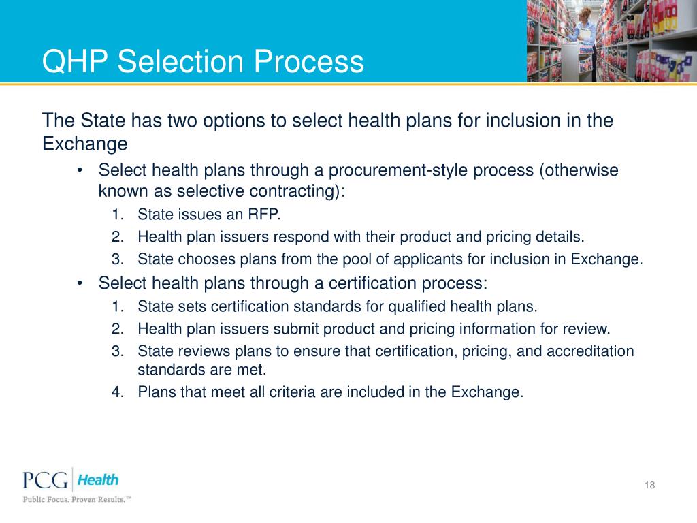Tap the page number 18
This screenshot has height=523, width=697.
tap(649, 485)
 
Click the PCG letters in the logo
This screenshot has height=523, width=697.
tap(46, 481)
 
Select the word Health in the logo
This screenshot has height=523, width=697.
tap(97, 479)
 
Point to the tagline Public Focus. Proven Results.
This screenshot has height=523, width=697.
tap(76, 499)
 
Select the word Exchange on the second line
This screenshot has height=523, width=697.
tap(84, 144)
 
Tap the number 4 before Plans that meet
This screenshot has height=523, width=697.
tap(116, 392)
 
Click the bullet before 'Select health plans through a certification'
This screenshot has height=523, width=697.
tap(80, 283)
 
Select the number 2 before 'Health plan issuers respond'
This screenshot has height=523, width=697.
tap(116, 237)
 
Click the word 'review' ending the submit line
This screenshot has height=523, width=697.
tap(587, 329)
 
